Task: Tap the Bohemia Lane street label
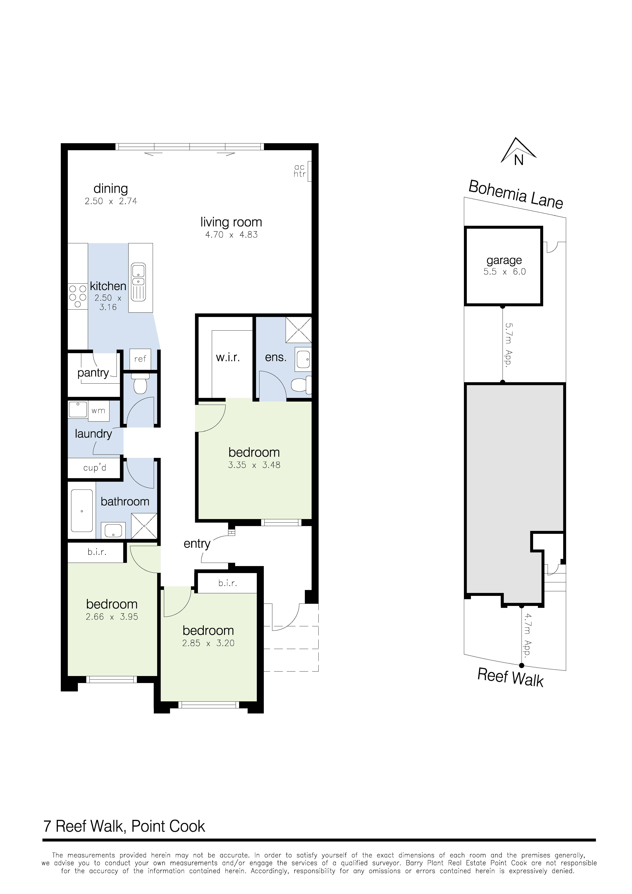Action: (516, 195)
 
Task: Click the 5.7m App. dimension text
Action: (508, 344)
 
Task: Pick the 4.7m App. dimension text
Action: (528, 635)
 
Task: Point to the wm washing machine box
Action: (99, 410)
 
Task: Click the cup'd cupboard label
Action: (95, 468)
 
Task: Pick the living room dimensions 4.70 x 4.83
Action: (231, 235)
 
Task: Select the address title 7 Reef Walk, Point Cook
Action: (124, 826)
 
